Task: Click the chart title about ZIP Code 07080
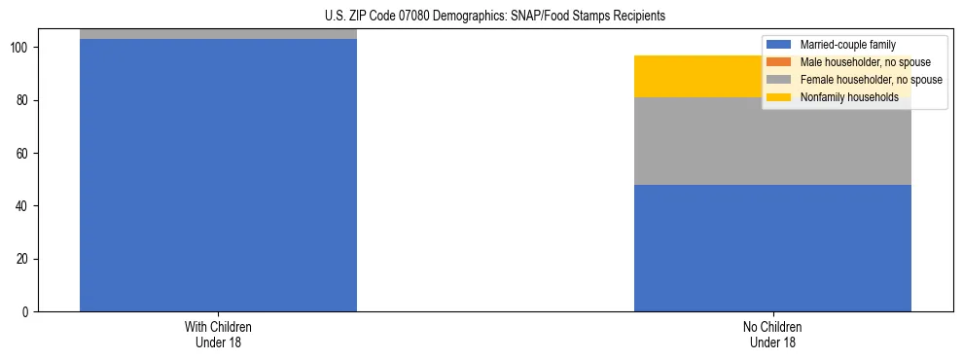pos(495,17)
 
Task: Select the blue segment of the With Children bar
pos(218,175)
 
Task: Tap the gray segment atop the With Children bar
pos(218,34)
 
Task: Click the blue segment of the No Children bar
pos(772,248)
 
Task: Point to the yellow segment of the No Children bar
pos(700,76)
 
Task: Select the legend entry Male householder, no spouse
pos(865,62)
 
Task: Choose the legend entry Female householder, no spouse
pos(871,80)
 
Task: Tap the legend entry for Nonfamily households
pos(849,97)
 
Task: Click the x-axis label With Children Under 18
pos(218,334)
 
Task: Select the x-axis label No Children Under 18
pos(772,334)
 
